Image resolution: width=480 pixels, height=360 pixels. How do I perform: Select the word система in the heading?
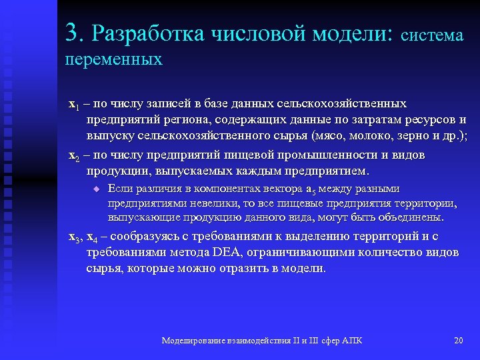tap(433, 35)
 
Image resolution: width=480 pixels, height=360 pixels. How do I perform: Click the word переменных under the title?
tap(114, 59)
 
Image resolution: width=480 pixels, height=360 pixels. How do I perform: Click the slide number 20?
tap(458, 341)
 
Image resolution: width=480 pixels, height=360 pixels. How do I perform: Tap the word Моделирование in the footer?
tap(194, 341)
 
